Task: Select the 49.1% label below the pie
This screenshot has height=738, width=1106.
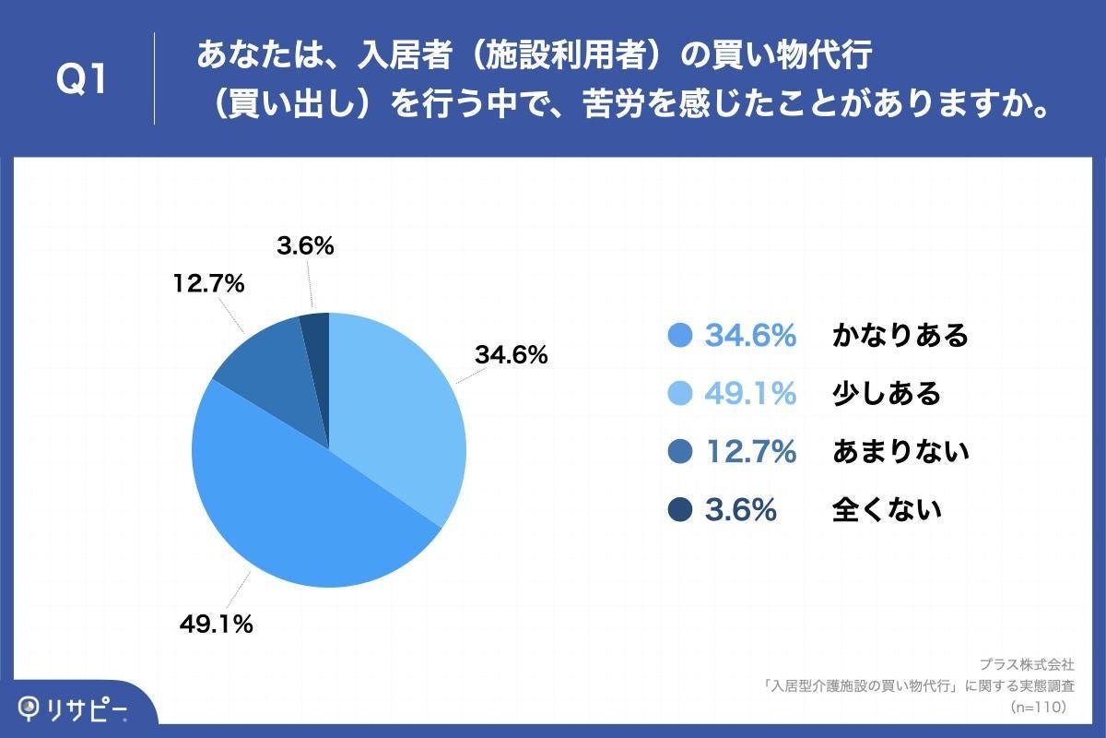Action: pyautogui.click(x=216, y=625)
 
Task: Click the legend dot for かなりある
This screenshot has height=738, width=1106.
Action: pyautogui.click(x=680, y=336)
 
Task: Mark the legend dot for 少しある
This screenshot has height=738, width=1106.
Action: pyautogui.click(x=680, y=394)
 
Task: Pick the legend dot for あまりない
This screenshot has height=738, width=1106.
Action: pyautogui.click(x=680, y=452)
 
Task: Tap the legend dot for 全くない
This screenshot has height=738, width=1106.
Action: pyautogui.click(x=680, y=509)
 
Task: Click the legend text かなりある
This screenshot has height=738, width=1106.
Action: pyautogui.click(x=900, y=336)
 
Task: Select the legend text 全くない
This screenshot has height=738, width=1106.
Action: pyautogui.click(x=887, y=509)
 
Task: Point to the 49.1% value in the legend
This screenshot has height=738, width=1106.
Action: pyautogui.click(x=750, y=394)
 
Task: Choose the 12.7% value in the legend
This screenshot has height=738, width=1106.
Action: pyautogui.click(x=750, y=452)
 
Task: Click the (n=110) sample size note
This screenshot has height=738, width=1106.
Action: pyautogui.click(x=1039, y=707)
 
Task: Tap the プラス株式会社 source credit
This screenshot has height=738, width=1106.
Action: pyautogui.click(x=1026, y=664)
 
